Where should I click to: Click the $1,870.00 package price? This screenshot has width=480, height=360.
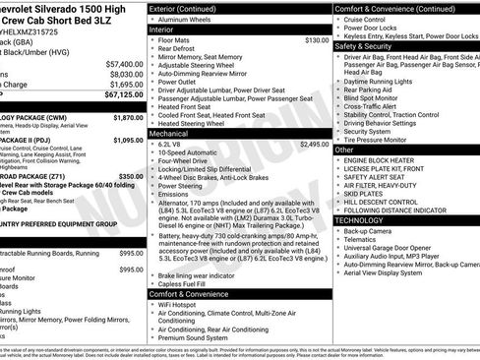128,117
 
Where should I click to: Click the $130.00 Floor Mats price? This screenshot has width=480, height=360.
317,40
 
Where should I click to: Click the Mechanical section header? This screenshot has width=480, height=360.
169,132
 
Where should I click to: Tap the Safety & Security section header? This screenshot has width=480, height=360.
364,46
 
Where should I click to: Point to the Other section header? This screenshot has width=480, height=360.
344,150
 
